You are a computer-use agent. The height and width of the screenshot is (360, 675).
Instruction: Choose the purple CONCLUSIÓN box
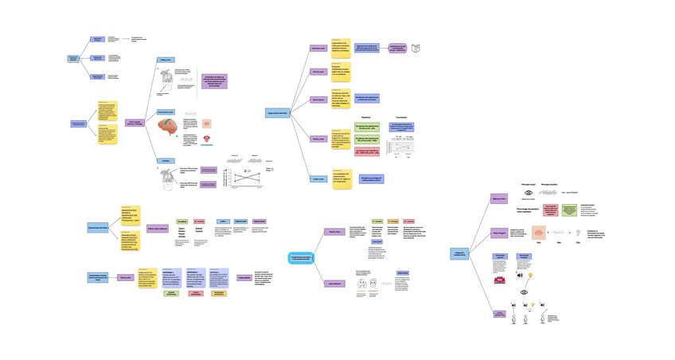[x=244, y=277]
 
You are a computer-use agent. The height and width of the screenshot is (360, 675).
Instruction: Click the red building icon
[x=500, y=280]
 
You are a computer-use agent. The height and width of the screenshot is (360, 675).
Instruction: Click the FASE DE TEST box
[x=240, y=221]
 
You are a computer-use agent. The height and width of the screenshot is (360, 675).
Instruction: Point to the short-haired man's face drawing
[x=362, y=283]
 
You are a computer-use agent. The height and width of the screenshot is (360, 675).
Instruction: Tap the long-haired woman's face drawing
[x=386, y=283]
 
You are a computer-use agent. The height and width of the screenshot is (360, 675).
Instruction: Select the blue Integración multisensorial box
[x=458, y=253]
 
